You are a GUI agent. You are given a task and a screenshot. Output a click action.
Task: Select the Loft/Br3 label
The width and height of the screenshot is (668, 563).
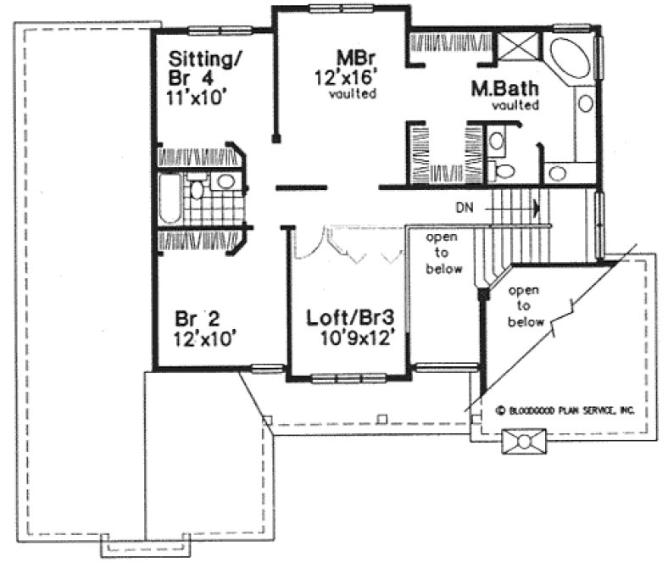pos(349,320)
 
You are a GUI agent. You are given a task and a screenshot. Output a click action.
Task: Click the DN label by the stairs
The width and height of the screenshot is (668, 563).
pos(463,206)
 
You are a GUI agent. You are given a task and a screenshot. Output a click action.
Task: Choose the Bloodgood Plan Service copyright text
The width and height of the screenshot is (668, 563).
pos(565,410)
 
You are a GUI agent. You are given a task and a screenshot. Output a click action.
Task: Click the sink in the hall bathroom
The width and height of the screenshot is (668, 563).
pos(225,181)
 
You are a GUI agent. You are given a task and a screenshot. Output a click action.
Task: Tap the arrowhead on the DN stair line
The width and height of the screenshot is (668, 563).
pos(536,206)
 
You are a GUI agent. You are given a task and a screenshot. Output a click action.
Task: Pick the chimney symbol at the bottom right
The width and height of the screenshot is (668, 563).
pos(524,442)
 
